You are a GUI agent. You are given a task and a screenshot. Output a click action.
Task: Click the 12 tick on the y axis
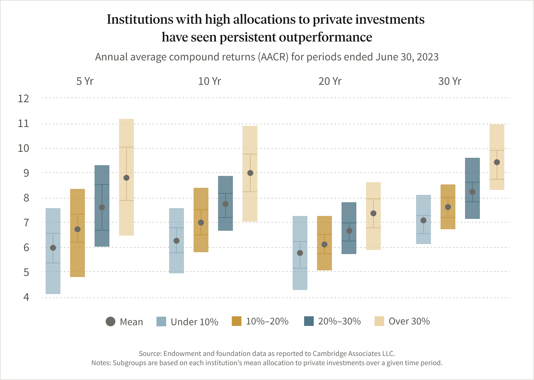(x=23, y=99)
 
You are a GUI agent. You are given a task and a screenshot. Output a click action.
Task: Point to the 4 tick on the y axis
(x=26, y=297)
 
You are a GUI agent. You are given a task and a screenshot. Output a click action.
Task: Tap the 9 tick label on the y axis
(x=26, y=173)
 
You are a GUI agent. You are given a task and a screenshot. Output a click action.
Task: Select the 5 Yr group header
(x=85, y=81)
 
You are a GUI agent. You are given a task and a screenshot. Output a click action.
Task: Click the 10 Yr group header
(x=210, y=81)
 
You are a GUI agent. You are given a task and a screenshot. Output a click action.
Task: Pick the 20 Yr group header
(x=330, y=81)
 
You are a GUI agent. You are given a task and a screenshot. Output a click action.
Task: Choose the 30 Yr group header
(x=450, y=81)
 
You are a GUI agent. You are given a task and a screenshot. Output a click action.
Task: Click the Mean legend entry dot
(x=111, y=321)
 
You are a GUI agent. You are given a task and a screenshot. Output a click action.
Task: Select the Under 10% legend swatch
(x=161, y=321)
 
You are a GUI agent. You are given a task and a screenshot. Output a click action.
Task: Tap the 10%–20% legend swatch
(x=237, y=321)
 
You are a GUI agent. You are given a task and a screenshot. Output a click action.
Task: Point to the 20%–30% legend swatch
(x=309, y=321)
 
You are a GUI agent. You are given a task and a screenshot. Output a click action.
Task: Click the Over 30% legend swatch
(x=379, y=321)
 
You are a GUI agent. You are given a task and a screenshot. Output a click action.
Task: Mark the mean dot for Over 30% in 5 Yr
(x=126, y=178)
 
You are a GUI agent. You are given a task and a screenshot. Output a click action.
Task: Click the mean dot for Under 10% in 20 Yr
(x=300, y=253)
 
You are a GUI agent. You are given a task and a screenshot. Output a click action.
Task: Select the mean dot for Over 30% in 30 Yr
(x=497, y=162)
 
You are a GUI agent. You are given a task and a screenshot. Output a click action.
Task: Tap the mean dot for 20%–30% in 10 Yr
(x=225, y=204)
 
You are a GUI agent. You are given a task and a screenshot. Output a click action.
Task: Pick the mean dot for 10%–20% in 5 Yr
(x=78, y=229)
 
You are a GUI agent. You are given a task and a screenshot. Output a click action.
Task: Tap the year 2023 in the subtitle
(x=428, y=57)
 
